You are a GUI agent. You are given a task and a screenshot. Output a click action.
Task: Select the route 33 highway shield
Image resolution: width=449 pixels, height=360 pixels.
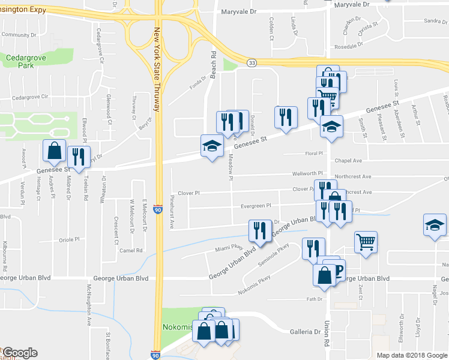click(x=252, y=62)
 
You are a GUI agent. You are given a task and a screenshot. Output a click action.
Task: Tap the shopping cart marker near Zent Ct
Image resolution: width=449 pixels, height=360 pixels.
click(x=365, y=242)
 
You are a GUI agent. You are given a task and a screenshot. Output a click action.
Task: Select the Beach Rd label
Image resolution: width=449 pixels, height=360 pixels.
click(x=213, y=59)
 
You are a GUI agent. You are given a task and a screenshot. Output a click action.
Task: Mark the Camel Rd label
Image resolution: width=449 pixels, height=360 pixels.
click(x=130, y=250)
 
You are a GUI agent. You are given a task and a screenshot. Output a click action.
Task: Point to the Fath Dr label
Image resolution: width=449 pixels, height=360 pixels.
click(x=315, y=298)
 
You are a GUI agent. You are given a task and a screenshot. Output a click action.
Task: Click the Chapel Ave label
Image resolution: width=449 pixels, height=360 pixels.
click(x=349, y=160)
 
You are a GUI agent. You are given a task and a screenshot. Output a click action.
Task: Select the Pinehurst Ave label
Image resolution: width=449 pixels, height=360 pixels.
click(x=172, y=211)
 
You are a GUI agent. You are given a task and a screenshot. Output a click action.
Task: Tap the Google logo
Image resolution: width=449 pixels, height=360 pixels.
click(x=20, y=352)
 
